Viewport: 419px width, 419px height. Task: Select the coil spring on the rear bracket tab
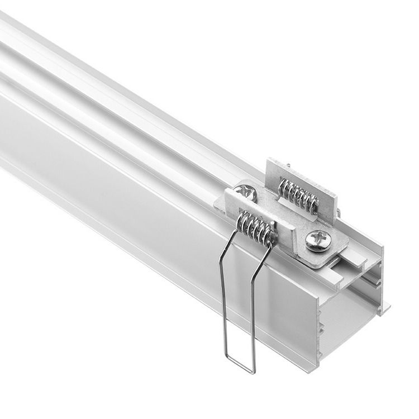tap(298, 195)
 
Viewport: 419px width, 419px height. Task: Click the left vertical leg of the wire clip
tap(222, 302)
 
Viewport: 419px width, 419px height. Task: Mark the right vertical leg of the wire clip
tap(253, 313)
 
